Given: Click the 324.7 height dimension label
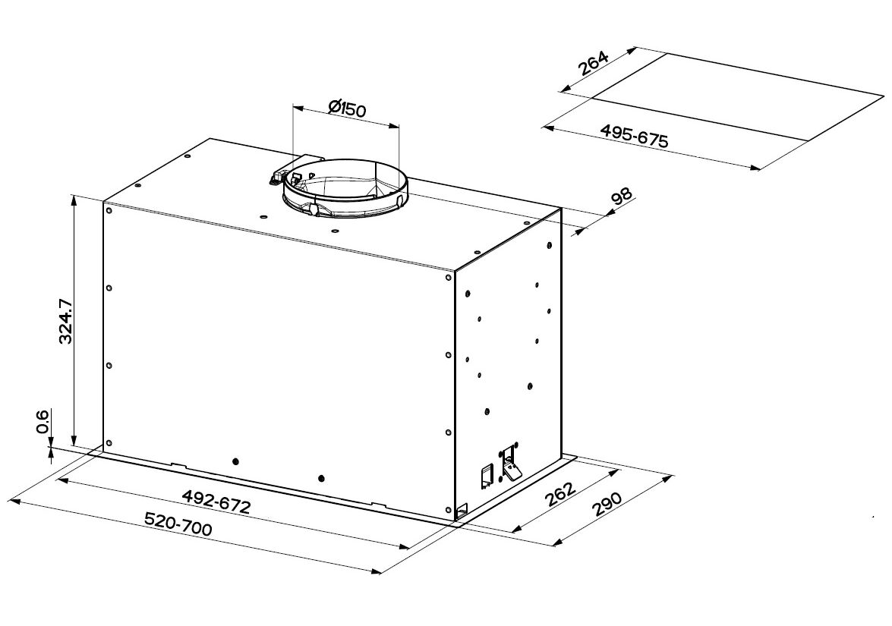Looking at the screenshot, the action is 65,321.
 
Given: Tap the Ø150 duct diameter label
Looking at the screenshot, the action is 347,108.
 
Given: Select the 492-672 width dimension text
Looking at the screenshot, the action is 216,500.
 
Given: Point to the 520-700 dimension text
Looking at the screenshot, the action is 178,524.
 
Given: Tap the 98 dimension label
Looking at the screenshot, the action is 621,197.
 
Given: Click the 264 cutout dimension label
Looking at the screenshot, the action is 594,64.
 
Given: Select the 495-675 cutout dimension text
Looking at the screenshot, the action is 635,136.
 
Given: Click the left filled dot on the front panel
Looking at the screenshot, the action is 236,461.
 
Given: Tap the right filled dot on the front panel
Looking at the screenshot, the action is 322,477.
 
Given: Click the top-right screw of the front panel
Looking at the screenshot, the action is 448,278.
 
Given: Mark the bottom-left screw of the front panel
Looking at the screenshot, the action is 109,442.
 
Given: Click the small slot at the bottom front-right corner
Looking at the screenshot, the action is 460,509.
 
